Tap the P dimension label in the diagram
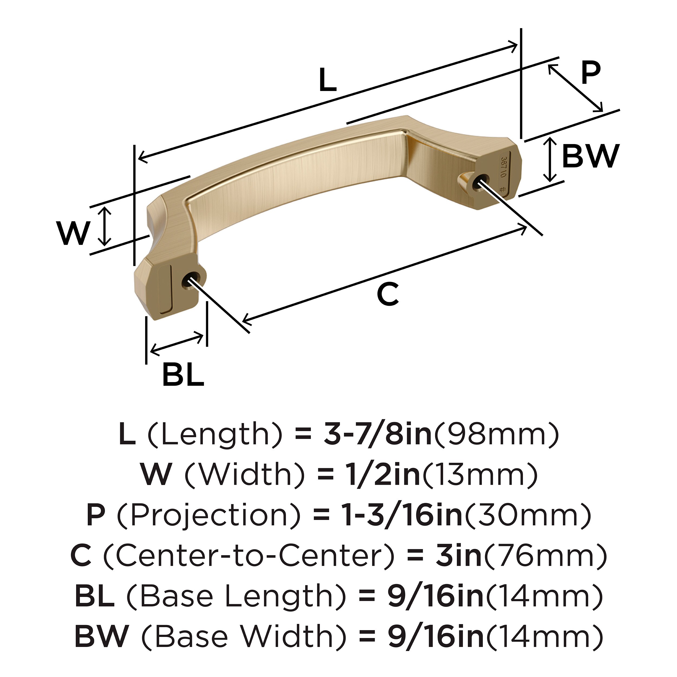pos(590,73)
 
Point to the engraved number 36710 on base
pos(504,167)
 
